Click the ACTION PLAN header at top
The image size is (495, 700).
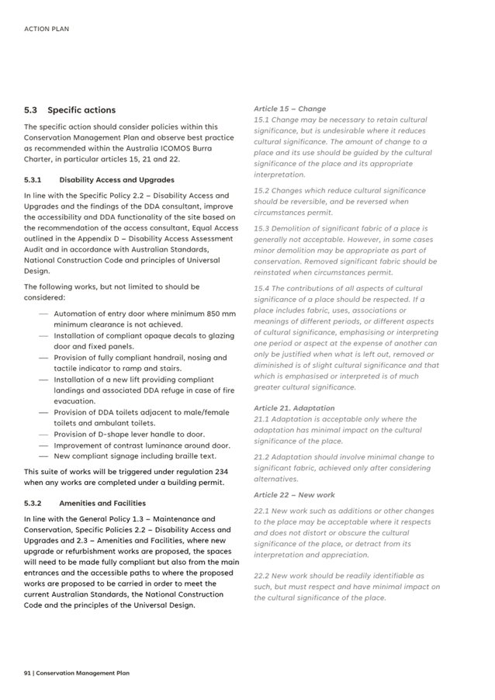pyautogui.click(x=47, y=29)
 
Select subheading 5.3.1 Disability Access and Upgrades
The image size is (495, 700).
pyautogui.click(x=99, y=179)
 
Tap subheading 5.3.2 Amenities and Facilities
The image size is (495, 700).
pyautogui.click(x=85, y=503)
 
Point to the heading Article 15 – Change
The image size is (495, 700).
pyautogui.click(x=289, y=109)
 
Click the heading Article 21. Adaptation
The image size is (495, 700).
pyautogui.click(x=294, y=407)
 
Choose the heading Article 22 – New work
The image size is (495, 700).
pyautogui.click(x=294, y=494)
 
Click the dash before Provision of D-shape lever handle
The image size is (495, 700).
pyautogui.click(x=43, y=435)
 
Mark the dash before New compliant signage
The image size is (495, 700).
pyautogui.click(x=43, y=456)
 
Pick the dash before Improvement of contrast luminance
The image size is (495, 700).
pyautogui.click(x=43, y=445)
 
